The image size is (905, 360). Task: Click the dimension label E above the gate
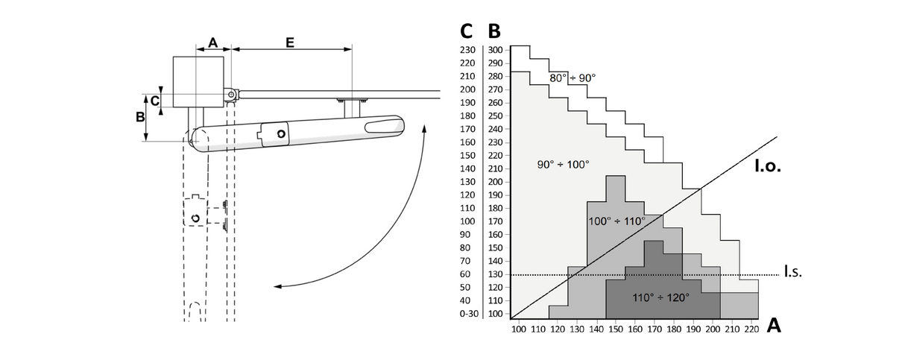[x=290, y=42]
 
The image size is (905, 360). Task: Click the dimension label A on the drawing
[x=212, y=43]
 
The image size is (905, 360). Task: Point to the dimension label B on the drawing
[x=139, y=117]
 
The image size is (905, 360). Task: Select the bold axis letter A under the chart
[x=773, y=326]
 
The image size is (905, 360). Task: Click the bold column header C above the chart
[x=467, y=31]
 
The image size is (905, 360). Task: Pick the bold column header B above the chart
[x=494, y=31]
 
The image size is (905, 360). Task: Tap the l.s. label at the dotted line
[x=792, y=274]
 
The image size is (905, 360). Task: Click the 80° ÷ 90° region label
[x=573, y=78]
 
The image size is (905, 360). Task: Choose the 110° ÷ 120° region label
[x=660, y=297]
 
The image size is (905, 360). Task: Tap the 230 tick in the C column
[x=468, y=50]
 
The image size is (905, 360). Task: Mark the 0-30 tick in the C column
[x=469, y=314]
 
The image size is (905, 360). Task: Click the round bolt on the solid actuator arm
[x=281, y=133]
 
